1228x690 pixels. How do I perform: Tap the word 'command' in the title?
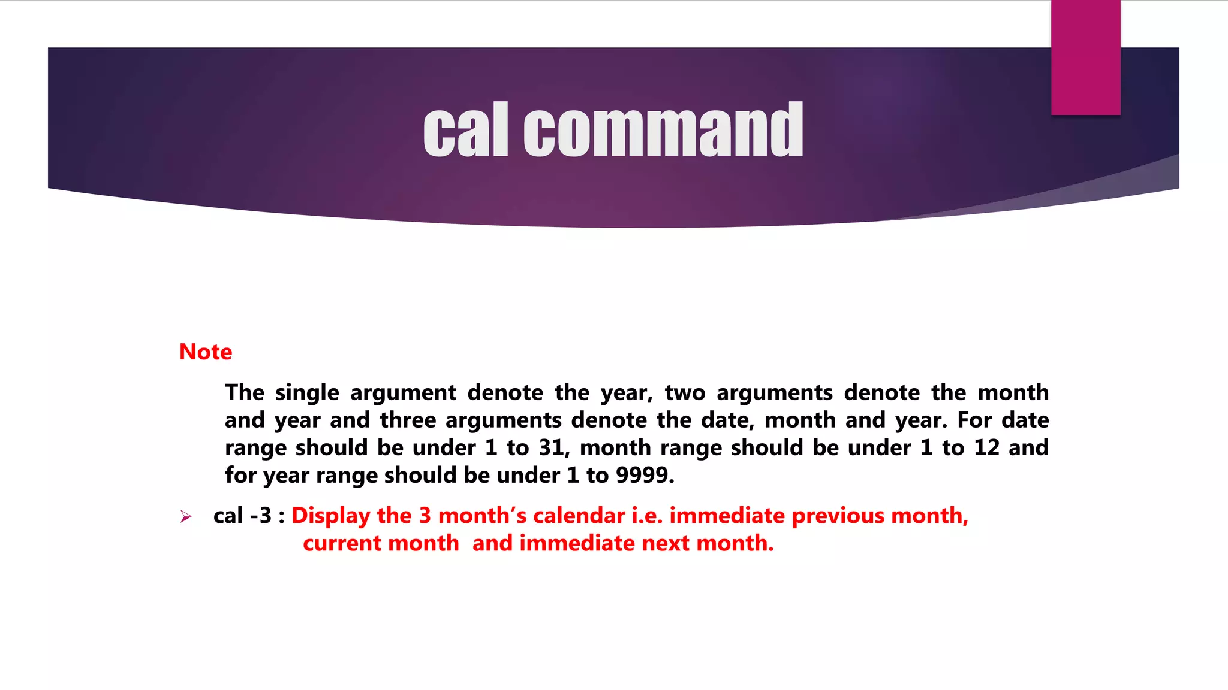pos(663,130)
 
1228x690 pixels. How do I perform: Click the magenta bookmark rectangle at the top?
pos(1085,57)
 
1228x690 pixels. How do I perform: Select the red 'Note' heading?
pos(206,352)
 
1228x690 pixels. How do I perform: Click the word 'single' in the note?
pos(307,393)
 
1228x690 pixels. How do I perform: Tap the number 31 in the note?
pos(551,448)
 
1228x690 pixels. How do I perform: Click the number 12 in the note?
pos(986,448)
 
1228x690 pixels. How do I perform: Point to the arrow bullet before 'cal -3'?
pos(186,516)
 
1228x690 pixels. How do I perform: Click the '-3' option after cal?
pos(261,516)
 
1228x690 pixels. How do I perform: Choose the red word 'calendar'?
pos(579,516)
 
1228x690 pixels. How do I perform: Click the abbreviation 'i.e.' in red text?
pos(648,516)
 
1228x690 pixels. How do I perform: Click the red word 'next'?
pos(666,543)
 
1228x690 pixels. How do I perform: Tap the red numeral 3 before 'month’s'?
pos(425,516)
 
